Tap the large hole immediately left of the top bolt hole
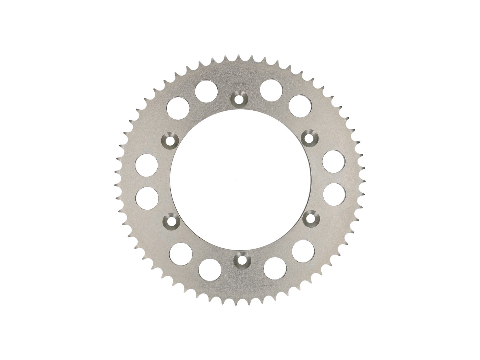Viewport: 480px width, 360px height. [x=206, y=89]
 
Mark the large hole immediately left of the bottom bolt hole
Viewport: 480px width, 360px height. [x=210, y=270]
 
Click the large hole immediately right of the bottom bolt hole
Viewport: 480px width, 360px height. [x=275, y=268]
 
